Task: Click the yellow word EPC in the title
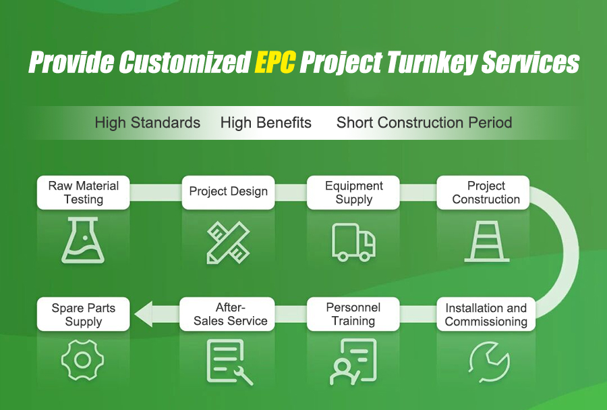(x=275, y=62)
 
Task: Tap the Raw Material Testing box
(x=83, y=193)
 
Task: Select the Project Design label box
(x=229, y=193)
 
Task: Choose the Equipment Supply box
(x=353, y=193)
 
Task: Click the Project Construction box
(x=483, y=193)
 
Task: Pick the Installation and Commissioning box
(x=486, y=314)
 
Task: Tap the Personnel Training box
(x=353, y=314)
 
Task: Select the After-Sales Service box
(x=227, y=314)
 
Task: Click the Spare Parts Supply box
(x=83, y=314)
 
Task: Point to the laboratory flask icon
(x=83, y=240)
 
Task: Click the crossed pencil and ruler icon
(x=228, y=242)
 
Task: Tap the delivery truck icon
(x=353, y=242)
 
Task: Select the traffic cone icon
(x=486, y=241)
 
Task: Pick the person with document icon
(x=353, y=361)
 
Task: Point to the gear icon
(x=82, y=360)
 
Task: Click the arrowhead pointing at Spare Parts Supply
(x=143, y=314)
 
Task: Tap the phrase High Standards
(x=148, y=123)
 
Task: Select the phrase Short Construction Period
(x=424, y=123)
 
